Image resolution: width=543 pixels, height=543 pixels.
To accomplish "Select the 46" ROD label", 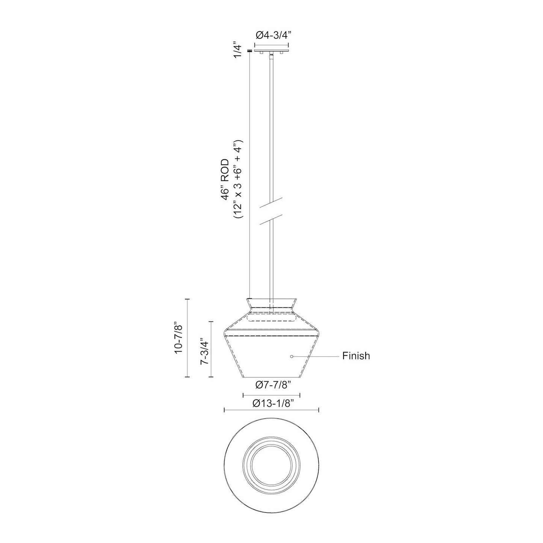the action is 225,180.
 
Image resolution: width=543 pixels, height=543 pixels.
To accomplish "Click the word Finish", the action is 356,356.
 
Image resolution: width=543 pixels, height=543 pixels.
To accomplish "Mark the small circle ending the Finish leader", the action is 292,357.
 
